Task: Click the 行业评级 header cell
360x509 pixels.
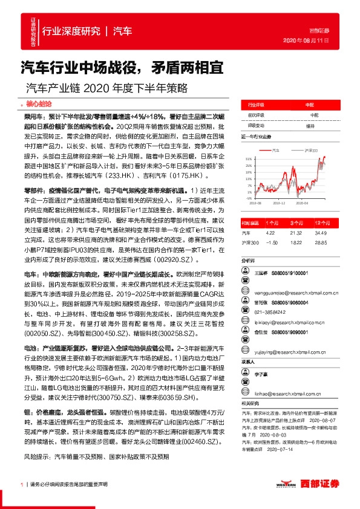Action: pyautogui.click(x=257, y=104)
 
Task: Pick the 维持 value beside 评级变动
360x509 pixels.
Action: pyautogui.click(x=310, y=125)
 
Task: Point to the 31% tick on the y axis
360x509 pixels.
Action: pyautogui.click(x=249, y=159)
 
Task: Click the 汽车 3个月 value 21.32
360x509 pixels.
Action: pyautogui.click(x=296, y=232)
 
